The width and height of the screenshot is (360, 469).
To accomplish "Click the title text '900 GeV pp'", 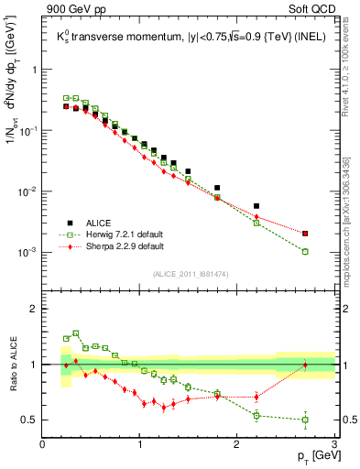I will click(x=71, y=10).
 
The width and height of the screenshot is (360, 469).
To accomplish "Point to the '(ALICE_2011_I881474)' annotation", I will click(x=190, y=275).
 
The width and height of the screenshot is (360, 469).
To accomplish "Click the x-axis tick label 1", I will click(x=140, y=443).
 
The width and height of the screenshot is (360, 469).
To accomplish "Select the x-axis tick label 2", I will click(x=237, y=443).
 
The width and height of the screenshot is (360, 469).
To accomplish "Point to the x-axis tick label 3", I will click(x=334, y=443).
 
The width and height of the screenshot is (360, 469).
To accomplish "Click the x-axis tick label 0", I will click(x=43, y=443).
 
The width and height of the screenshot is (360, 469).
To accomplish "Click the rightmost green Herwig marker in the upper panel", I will click(x=305, y=251).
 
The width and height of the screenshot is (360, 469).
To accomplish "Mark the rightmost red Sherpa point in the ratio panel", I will click(x=305, y=365).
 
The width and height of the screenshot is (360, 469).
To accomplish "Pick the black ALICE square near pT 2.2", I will click(x=256, y=206).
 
